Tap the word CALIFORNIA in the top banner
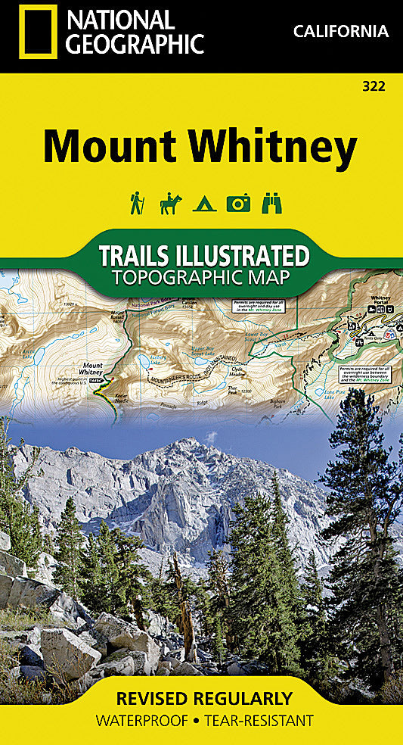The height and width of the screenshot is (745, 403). click(x=340, y=32)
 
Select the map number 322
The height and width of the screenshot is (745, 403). click(x=374, y=86)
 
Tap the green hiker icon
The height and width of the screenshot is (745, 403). click(x=137, y=203)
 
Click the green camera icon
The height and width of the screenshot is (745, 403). click(x=238, y=203)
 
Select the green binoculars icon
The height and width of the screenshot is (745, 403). click(x=271, y=203)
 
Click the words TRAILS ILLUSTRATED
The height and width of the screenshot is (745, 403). click(x=204, y=255)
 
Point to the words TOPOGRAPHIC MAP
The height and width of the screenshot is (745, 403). click(x=200, y=277)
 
